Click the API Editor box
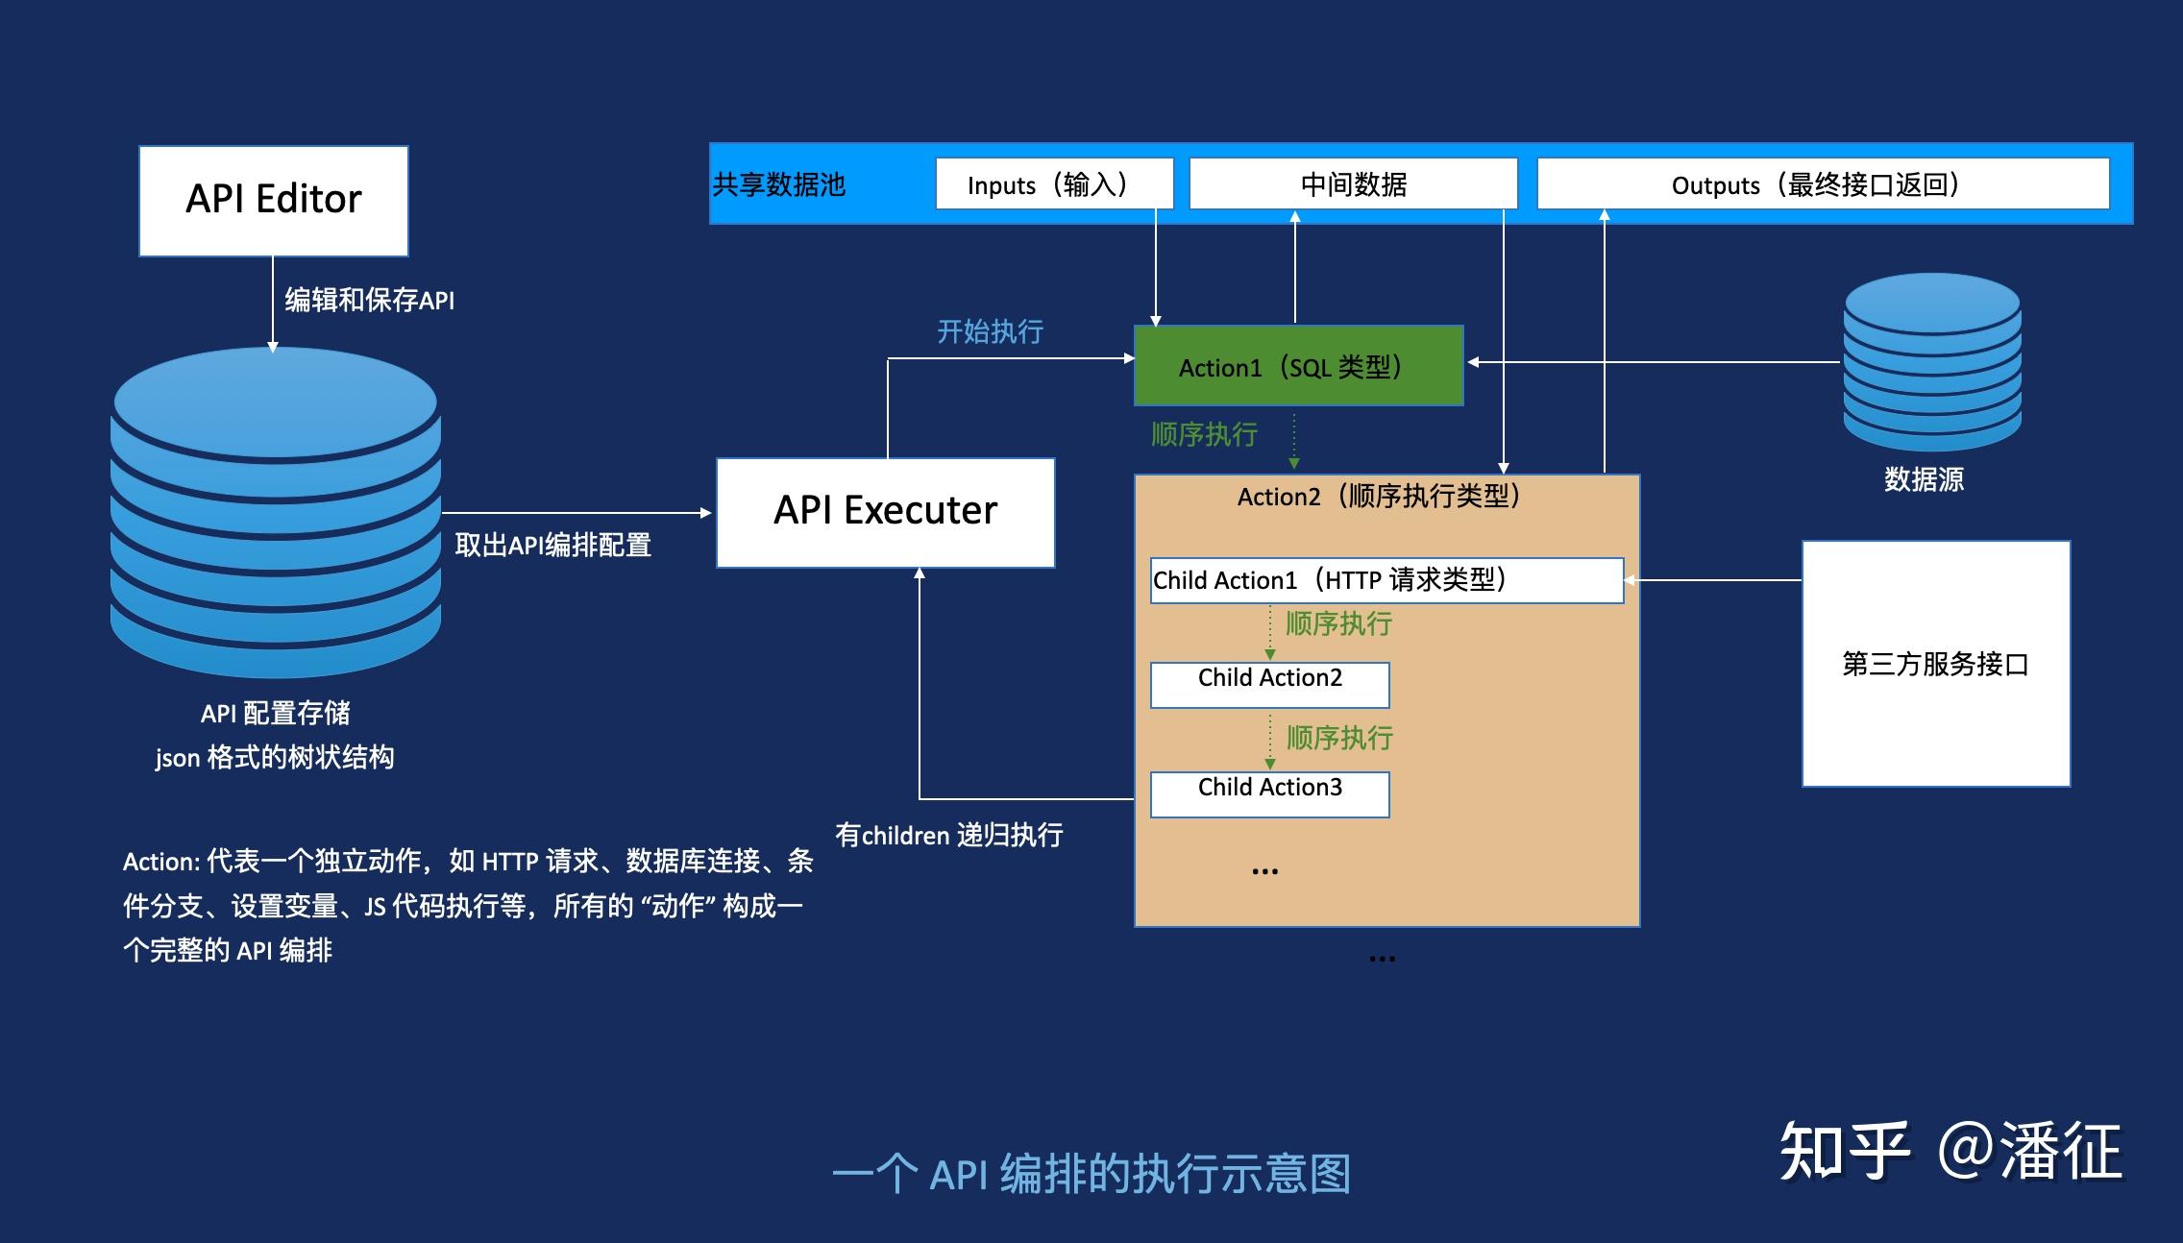click(273, 201)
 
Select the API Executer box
click(885, 512)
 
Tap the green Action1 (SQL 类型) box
click(1298, 366)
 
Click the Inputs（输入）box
click(1054, 183)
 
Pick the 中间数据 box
click(1353, 183)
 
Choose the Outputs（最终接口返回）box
click(1822, 183)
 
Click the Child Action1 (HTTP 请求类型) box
click(1386, 580)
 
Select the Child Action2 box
click(1269, 684)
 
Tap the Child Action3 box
click(1269, 793)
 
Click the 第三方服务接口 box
click(1935, 664)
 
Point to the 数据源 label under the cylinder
click(1924, 479)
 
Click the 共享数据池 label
click(779, 184)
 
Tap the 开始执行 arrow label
click(990, 332)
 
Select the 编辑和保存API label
click(369, 300)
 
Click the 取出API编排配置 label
click(552, 546)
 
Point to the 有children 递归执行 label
click(948, 835)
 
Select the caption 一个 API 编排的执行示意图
click(1091, 1174)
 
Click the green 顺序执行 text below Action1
click(1204, 435)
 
